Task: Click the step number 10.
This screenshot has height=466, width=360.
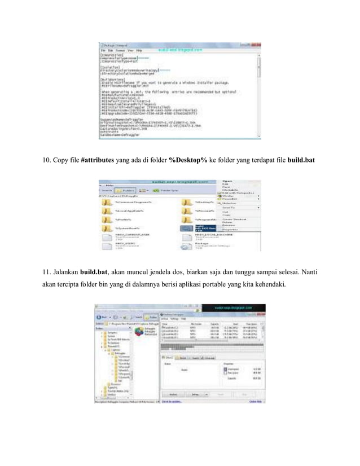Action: click(47, 162)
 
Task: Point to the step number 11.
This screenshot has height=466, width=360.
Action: click(47, 274)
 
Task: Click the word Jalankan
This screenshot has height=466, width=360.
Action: click(65, 274)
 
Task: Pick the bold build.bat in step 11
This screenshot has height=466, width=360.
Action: click(95, 274)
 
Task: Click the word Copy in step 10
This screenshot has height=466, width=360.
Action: click(62, 162)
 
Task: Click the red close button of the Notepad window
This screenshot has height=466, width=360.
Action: click(257, 43)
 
